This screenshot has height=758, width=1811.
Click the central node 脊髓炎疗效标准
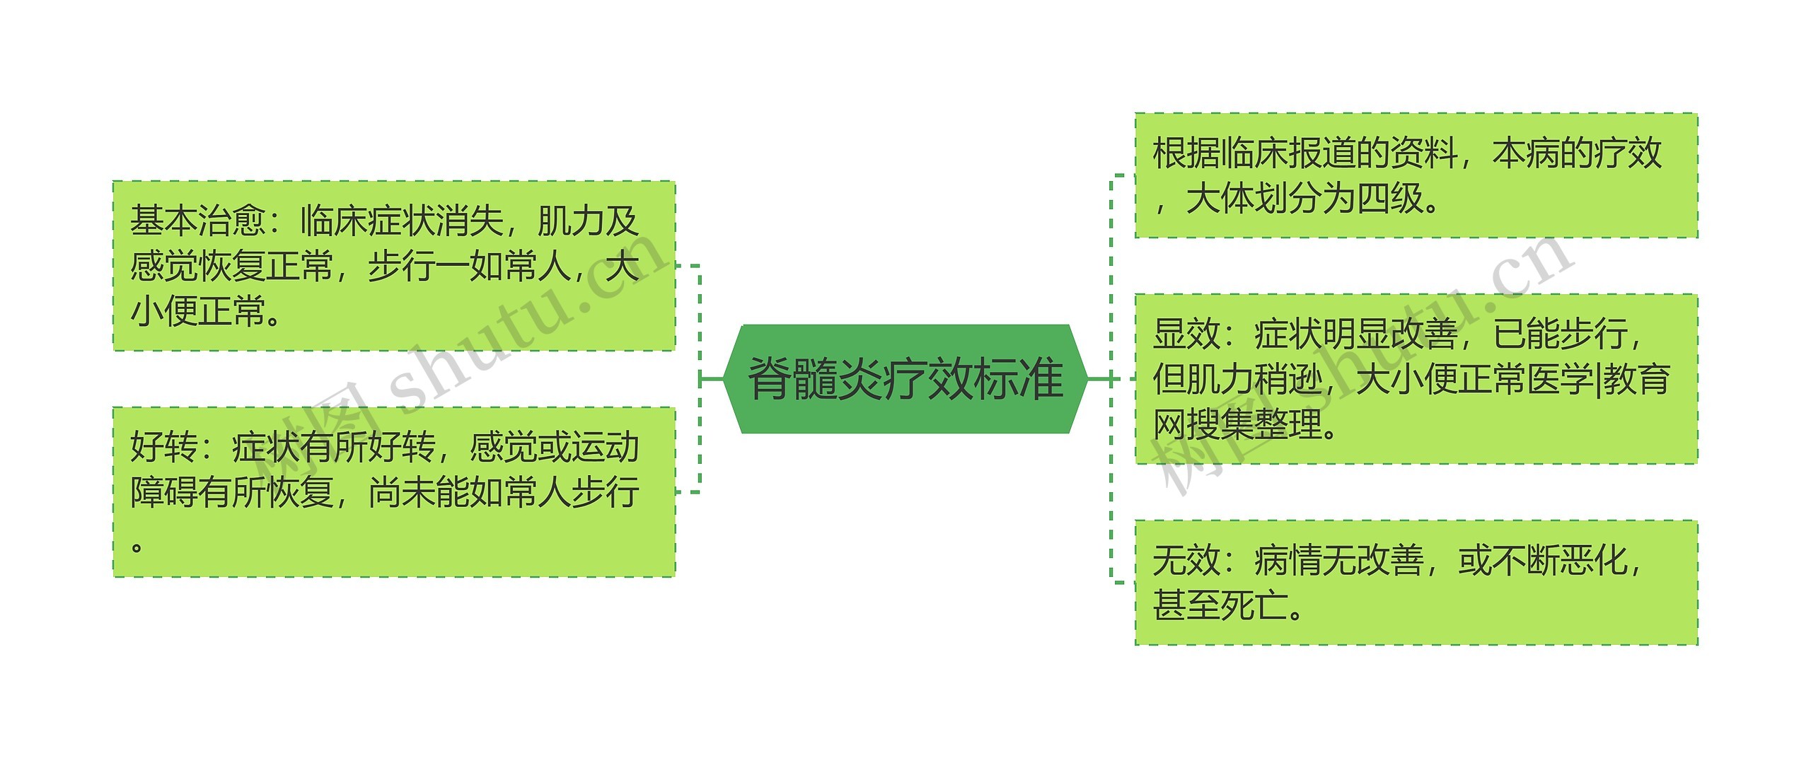click(905, 379)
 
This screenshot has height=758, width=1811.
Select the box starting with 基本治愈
click(394, 266)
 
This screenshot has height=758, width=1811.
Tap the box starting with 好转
click(394, 492)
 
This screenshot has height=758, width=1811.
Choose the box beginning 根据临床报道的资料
click(1416, 175)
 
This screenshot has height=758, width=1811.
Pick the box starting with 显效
click(1416, 379)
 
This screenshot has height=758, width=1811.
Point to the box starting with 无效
click(1416, 583)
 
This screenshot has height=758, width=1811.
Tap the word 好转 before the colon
click(164, 448)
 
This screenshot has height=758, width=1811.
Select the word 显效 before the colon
click(1186, 334)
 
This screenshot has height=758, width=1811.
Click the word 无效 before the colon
click(1186, 561)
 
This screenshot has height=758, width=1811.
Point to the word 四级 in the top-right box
click(1389, 199)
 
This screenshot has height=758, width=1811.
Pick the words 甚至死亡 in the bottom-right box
click(1220, 606)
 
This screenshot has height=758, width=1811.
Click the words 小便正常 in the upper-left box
click(198, 311)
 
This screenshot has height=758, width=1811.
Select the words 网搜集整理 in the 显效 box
click(1237, 424)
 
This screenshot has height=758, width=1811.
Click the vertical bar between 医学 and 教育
click(1598, 380)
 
